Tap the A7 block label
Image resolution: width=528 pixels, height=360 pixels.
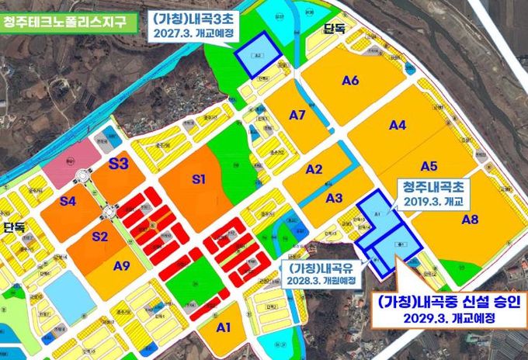(x=298, y=116)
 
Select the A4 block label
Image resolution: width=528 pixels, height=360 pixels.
(x=398, y=124)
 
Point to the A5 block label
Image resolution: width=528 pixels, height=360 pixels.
(x=429, y=164)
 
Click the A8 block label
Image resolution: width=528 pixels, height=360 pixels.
(x=470, y=220)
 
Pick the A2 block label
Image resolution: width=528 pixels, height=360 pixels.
(x=314, y=169)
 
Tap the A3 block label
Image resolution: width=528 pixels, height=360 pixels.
(x=334, y=198)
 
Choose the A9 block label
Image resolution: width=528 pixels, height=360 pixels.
(x=121, y=266)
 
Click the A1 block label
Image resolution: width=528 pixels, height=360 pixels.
(x=224, y=327)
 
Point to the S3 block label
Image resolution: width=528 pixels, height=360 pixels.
(x=119, y=164)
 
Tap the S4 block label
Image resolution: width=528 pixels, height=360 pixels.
(x=68, y=202)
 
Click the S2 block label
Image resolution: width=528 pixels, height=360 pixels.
(x=99, y=237)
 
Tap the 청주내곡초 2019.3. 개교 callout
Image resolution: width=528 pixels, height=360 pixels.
(x=435, y=194)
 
